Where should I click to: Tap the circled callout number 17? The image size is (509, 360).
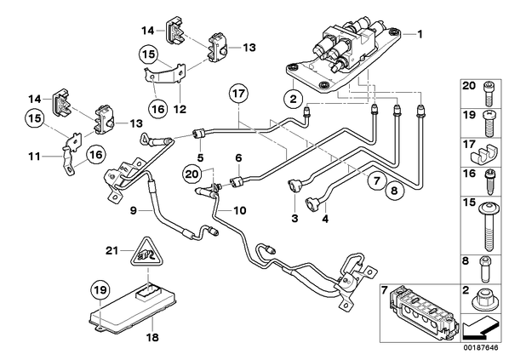click(238, 94)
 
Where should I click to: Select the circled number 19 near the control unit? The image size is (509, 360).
click(100, 289)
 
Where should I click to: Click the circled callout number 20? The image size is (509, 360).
click(192, 174)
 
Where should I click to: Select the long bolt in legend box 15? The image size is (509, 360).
click(489, 226)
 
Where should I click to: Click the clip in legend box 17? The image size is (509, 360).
click(484, 155)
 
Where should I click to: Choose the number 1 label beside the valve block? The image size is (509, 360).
click(420, 34)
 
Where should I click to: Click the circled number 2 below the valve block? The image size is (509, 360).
click(293, 99)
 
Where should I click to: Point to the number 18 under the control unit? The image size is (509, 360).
click(153, 337)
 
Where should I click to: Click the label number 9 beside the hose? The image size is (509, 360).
click(134, 211)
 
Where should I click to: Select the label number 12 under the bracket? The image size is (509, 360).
click(180, 109)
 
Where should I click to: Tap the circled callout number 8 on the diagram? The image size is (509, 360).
click(394, 191)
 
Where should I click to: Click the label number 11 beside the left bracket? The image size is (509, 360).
click(34, 157)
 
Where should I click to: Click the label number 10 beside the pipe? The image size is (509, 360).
click(240, 211)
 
